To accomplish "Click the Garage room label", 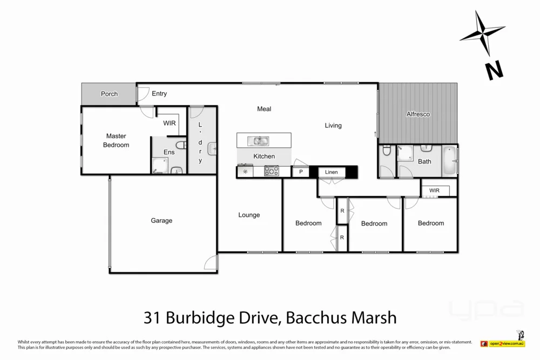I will (161, 220).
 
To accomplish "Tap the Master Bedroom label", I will (116, 140).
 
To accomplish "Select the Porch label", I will (109, 94).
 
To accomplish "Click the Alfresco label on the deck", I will (418, 114).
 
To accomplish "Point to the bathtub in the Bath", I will (449, 161).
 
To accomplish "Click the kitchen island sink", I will (258, 141).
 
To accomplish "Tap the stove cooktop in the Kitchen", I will (271, 172).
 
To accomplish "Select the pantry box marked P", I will (300, 172).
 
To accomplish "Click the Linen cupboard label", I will (331, 172).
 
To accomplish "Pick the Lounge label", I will (249, 215).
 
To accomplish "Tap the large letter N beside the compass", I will (494, 70).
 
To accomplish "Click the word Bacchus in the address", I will (312, 317).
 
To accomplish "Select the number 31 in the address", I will (152, 317).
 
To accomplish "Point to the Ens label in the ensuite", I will (169, 152).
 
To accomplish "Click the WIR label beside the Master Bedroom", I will (170, 123).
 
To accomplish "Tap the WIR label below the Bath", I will (434, 191).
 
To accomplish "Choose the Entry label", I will (159, 94).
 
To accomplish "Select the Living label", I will (333, 125).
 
